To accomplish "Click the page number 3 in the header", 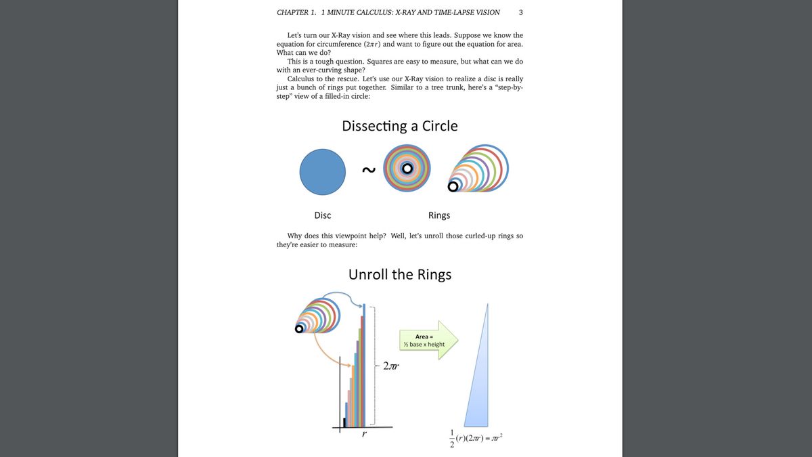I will tap(520, 12).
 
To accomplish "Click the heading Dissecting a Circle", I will tap(399, 126).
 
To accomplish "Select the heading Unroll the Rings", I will tap(399, 274).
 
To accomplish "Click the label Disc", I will tap(323, 215).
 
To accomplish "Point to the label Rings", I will tap(439, 215).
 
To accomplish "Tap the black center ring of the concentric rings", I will tap(407, 169).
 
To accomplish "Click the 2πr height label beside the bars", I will tap(391, 367).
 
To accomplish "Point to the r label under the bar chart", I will tap(364, 435).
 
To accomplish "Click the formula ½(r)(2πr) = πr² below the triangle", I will tap(476, 438).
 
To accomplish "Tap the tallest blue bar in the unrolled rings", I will tap(365, 366).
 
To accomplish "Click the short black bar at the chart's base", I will tap(344, 422).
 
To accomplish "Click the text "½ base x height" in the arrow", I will tap(424, 345).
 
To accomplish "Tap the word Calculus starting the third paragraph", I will tap(302, 79).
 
